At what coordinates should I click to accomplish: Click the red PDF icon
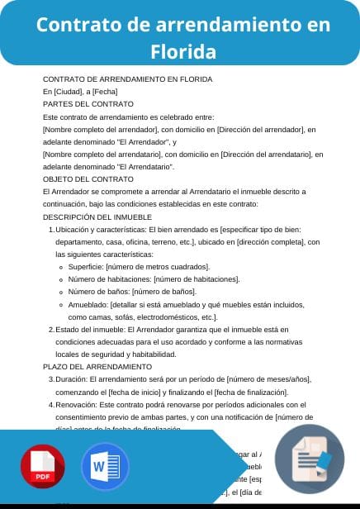[42, 469]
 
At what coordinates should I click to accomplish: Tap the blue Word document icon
[105, 469]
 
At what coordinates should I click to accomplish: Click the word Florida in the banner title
[183, 52]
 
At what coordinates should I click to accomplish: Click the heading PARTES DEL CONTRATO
[88, 104]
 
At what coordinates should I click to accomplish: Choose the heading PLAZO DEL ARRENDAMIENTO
[97, 366]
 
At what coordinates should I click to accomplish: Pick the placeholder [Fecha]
[105, 92]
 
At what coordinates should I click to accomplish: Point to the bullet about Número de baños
[132, 292]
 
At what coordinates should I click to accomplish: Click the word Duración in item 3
[71, 378]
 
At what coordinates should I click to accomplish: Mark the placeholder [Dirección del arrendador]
[253, 130]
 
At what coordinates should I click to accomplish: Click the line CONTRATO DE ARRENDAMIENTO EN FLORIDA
[127, 79]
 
